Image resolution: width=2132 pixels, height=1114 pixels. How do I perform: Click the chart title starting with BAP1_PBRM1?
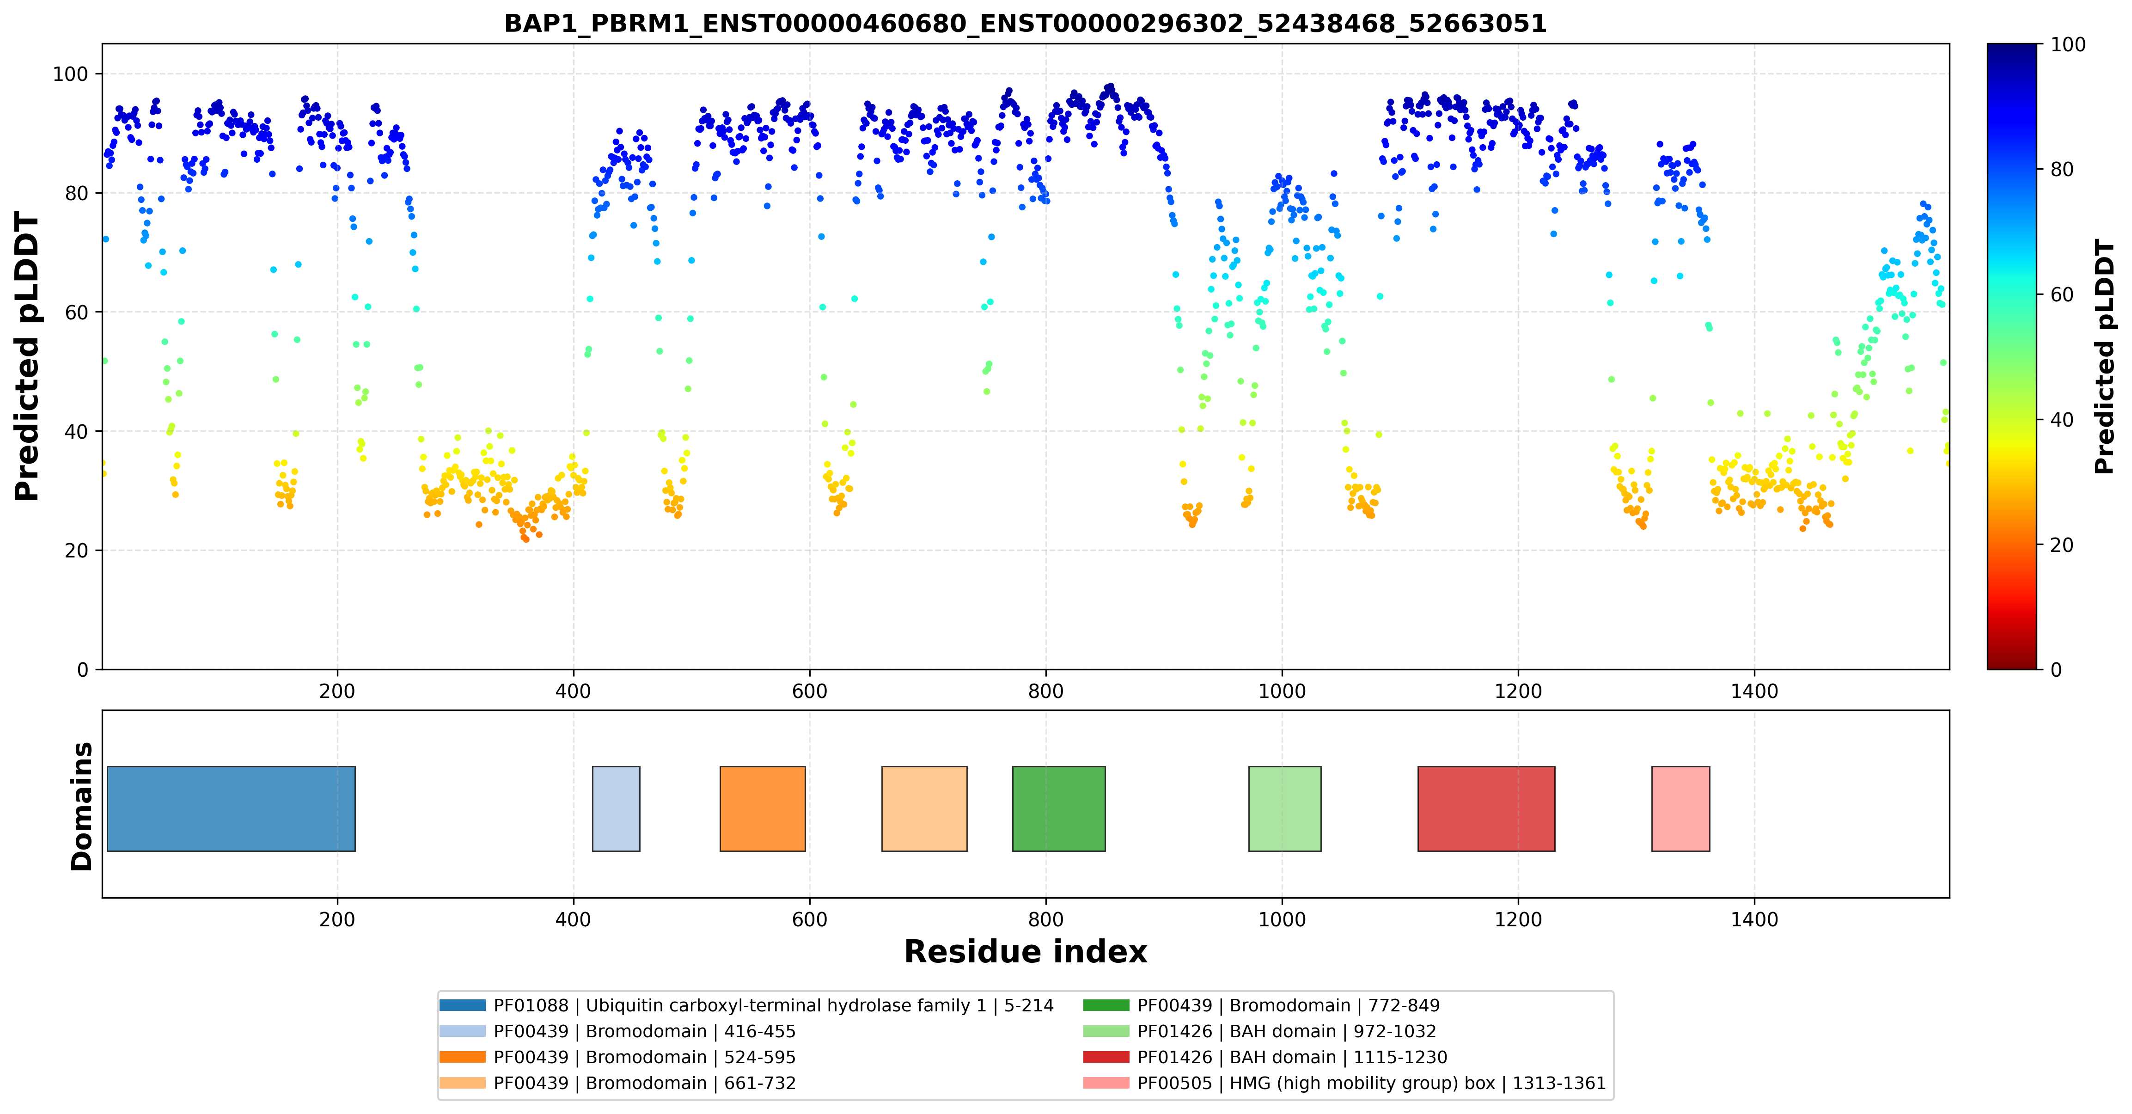[x=1026, y=23]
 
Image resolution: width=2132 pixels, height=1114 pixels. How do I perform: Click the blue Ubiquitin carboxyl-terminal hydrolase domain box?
[x=231, y=808]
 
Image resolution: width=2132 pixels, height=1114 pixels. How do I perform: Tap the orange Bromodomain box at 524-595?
[x=762, y=808]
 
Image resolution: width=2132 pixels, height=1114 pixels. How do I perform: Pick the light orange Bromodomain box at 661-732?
[x=924, y=808]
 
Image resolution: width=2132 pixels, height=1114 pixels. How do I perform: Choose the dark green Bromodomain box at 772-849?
[x=1058, y=808]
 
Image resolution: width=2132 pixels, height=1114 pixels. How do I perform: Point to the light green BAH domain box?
[x=1284, y=808]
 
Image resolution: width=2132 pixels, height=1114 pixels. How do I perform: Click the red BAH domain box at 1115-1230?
[x=1486, y=808]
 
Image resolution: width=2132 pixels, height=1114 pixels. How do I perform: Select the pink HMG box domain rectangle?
[x=1681, y=808]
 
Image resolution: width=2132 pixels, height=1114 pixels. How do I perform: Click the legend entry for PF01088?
[x=746, y=1005]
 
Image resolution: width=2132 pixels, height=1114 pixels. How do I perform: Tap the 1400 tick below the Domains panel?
[x=1754, y=919]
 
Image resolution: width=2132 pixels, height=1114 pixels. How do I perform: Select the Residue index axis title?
[x=1026, y=952]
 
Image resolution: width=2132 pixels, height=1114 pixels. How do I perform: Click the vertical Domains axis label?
[x=82, y=806]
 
